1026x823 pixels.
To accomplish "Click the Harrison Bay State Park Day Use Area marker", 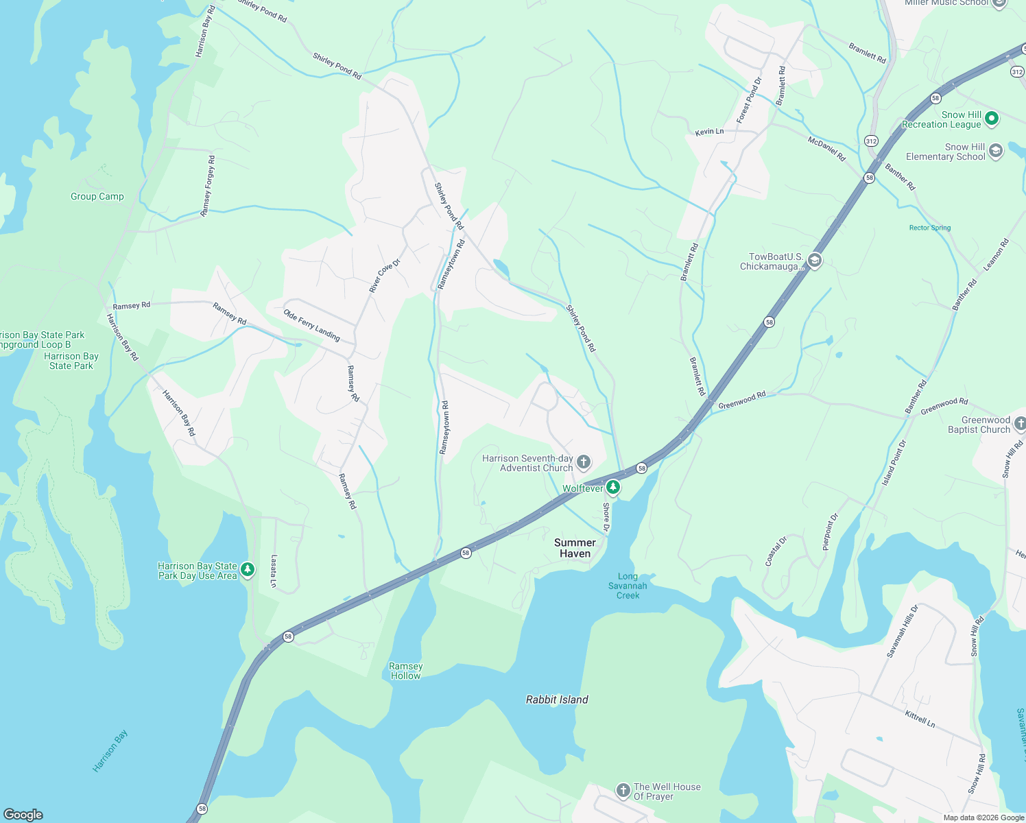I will point(248,569).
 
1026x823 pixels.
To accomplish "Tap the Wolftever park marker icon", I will point(613,488).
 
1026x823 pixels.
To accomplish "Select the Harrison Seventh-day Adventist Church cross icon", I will point(584,462).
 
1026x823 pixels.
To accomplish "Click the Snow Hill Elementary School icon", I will point(996,151).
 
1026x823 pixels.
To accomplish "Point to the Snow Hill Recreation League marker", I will point(991,119).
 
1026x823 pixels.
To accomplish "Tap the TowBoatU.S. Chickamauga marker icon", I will point(815,261).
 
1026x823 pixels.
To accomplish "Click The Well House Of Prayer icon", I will point(623,791).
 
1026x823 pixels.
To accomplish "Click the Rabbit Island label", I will point(557,700).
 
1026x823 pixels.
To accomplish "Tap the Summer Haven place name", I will point(575,548).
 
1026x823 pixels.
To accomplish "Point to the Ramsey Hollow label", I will point(405,671).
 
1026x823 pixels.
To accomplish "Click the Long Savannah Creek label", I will point(628,586).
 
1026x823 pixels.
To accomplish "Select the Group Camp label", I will point(97,196).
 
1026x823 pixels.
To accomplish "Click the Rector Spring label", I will point(930,228).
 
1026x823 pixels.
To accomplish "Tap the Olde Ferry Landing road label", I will point(312,324).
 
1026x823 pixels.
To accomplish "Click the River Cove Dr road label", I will point(385,276).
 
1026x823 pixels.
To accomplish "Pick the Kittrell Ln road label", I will point(920,719).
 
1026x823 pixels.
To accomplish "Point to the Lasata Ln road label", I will point(274,571).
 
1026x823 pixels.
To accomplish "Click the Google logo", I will point(23,814).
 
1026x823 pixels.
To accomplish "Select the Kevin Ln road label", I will point(709,131).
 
